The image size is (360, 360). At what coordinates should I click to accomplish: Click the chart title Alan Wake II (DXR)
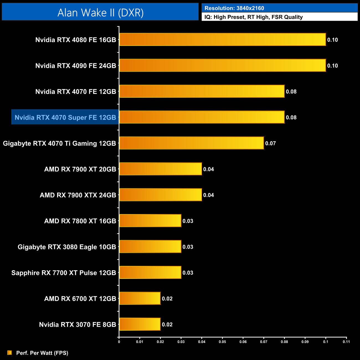[x=100, y=13]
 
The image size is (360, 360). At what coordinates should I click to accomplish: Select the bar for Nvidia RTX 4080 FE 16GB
[x=222, y=40]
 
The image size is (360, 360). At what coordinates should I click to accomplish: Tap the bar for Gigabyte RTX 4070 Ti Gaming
[x=191, y=143]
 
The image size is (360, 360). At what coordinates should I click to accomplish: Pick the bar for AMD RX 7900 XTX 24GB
[x=160, y=195]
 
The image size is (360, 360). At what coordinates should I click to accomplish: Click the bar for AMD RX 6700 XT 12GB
[x=140, y=299]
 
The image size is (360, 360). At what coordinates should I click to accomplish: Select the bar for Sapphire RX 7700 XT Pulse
[x=150, y=272]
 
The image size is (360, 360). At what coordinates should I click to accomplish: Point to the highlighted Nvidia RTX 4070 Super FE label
[x=65, y=117]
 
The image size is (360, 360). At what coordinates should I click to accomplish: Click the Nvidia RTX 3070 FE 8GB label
[x=78, y=325]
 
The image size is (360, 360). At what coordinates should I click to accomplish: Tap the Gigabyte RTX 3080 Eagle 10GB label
[x=67, y=247]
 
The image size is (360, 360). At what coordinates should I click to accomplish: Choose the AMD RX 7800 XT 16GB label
[x=80, y=221]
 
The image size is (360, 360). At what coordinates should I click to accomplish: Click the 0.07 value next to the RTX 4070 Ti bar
[x=271, y=143]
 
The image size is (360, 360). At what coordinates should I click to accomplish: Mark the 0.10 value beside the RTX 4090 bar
[x=333, y=66]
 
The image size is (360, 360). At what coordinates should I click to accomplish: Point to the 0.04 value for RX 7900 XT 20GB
[x=209, y=169]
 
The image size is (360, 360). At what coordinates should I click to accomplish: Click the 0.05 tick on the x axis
[x=222, y=342]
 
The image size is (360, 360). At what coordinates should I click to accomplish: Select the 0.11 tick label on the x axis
[x=346, y=342]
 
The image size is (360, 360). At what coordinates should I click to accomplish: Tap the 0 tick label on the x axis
[x=119, y=342]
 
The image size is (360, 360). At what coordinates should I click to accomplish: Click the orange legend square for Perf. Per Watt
[x=10, y=353]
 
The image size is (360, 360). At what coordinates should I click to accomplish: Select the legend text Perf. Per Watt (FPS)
[x=42, y=353]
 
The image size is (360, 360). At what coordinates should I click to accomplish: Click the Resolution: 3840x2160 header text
[x=234, y=8]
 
